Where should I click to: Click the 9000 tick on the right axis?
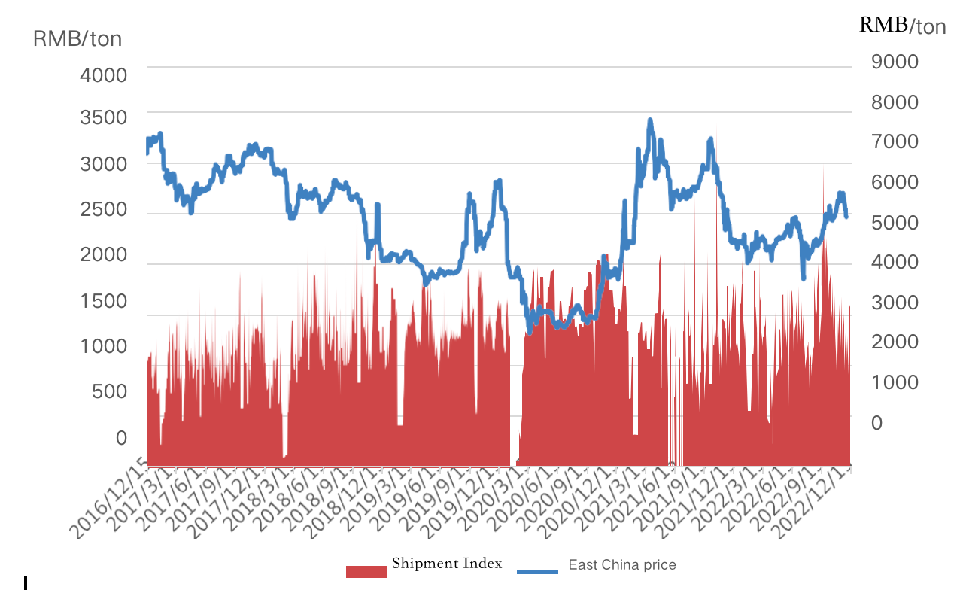click(x=895, y=62)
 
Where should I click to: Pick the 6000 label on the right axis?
click(x=895, y=182)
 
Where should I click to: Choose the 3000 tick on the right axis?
click(x=895, y=303)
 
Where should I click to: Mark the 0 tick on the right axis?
click(x=876, y=423)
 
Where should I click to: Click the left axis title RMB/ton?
click(x=77, y=39)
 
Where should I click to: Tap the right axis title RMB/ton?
click(x=902, y=26)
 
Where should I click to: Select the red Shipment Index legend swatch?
click(x=366, y=571)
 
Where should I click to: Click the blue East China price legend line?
click(x=537, y=572)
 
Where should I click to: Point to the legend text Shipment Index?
click(x=447, y=564)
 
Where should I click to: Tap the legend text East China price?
click(x=622, y=564)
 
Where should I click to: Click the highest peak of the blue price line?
click(x=650, y=120)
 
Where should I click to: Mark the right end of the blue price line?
click(x=847, y=217)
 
